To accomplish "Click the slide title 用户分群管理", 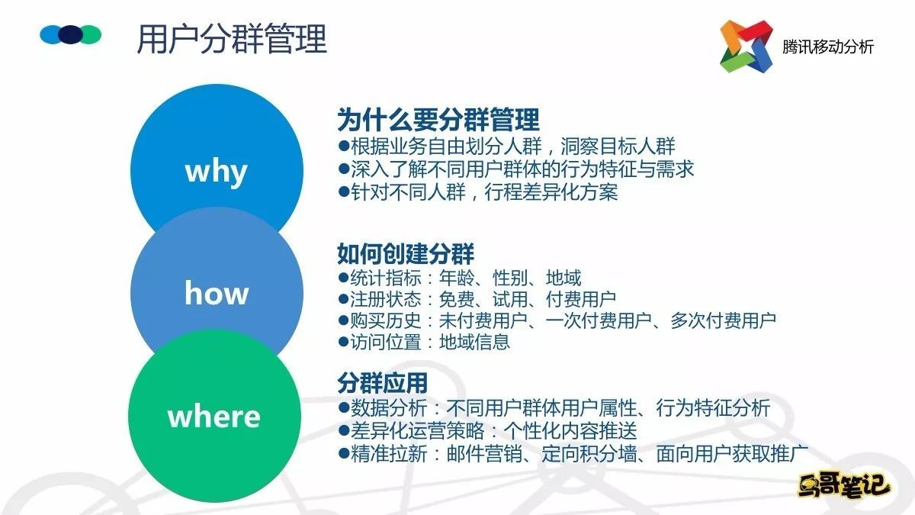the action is coord(232,39).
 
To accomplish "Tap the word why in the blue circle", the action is coord(216,171).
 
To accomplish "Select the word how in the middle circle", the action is coord(217,292).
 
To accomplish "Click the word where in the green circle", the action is coord(214,417).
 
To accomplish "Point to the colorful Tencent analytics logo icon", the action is coord(746,47).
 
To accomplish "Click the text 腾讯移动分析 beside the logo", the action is coord(827,47).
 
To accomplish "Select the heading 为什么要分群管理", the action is coord(438,120).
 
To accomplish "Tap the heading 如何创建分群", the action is coord(405,254).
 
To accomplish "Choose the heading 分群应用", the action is coord(382,383).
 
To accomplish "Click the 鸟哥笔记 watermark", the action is coord(844,487).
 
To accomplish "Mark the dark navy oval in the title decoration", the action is coord(71,34).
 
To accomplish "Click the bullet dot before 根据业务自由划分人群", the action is coord(344,146).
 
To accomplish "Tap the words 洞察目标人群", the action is coord(618,146).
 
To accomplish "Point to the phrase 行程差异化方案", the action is coord(551,192).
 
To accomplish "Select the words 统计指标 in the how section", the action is coord(386,278).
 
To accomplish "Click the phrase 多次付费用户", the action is coord(723,320).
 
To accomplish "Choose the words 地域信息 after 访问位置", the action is coord(474,342).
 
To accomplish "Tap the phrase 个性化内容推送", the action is coord(570,430).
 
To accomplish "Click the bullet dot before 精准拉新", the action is coord(344,453).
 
